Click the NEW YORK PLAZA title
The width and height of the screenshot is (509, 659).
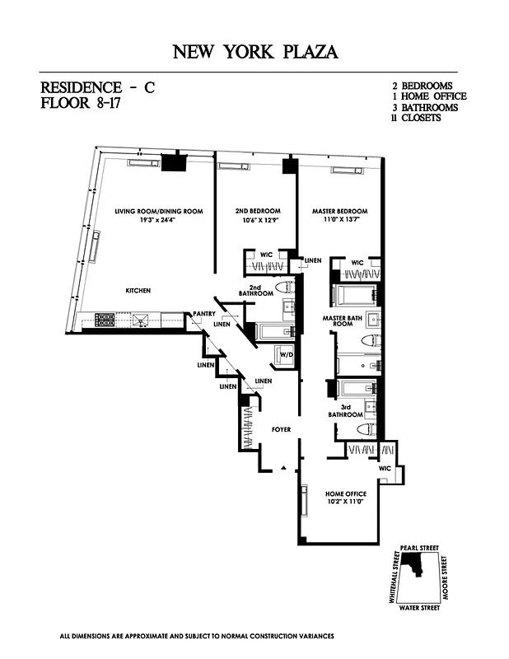coord(255,52)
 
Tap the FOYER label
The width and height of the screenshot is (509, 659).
coord(281,429)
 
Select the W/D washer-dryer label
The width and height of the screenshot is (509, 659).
coord(287,355)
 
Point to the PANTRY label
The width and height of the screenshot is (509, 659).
coord(204,314)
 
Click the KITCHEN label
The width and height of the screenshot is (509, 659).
coord(138,291)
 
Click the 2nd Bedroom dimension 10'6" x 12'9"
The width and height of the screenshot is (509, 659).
coord(258,220)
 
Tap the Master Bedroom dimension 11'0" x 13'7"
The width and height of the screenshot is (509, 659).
coord(339,219)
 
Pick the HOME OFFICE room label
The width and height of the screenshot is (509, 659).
coord(346,493)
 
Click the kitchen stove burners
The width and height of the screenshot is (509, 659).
coord(105,320)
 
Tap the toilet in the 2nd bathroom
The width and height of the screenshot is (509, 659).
coord(283,287)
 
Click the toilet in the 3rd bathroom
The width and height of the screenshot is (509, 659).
coord(367,430)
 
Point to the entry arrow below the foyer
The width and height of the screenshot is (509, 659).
coord(283,467)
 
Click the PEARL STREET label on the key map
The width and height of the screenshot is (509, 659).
coord(419,548)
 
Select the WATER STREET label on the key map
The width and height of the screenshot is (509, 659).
coord(419,608)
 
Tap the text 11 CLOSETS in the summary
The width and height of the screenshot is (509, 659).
coord(416,118)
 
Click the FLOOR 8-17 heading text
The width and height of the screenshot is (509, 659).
coord(80,103)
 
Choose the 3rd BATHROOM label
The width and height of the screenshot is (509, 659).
coord(345,410)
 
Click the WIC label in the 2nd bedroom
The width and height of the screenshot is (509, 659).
coord(267,255)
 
